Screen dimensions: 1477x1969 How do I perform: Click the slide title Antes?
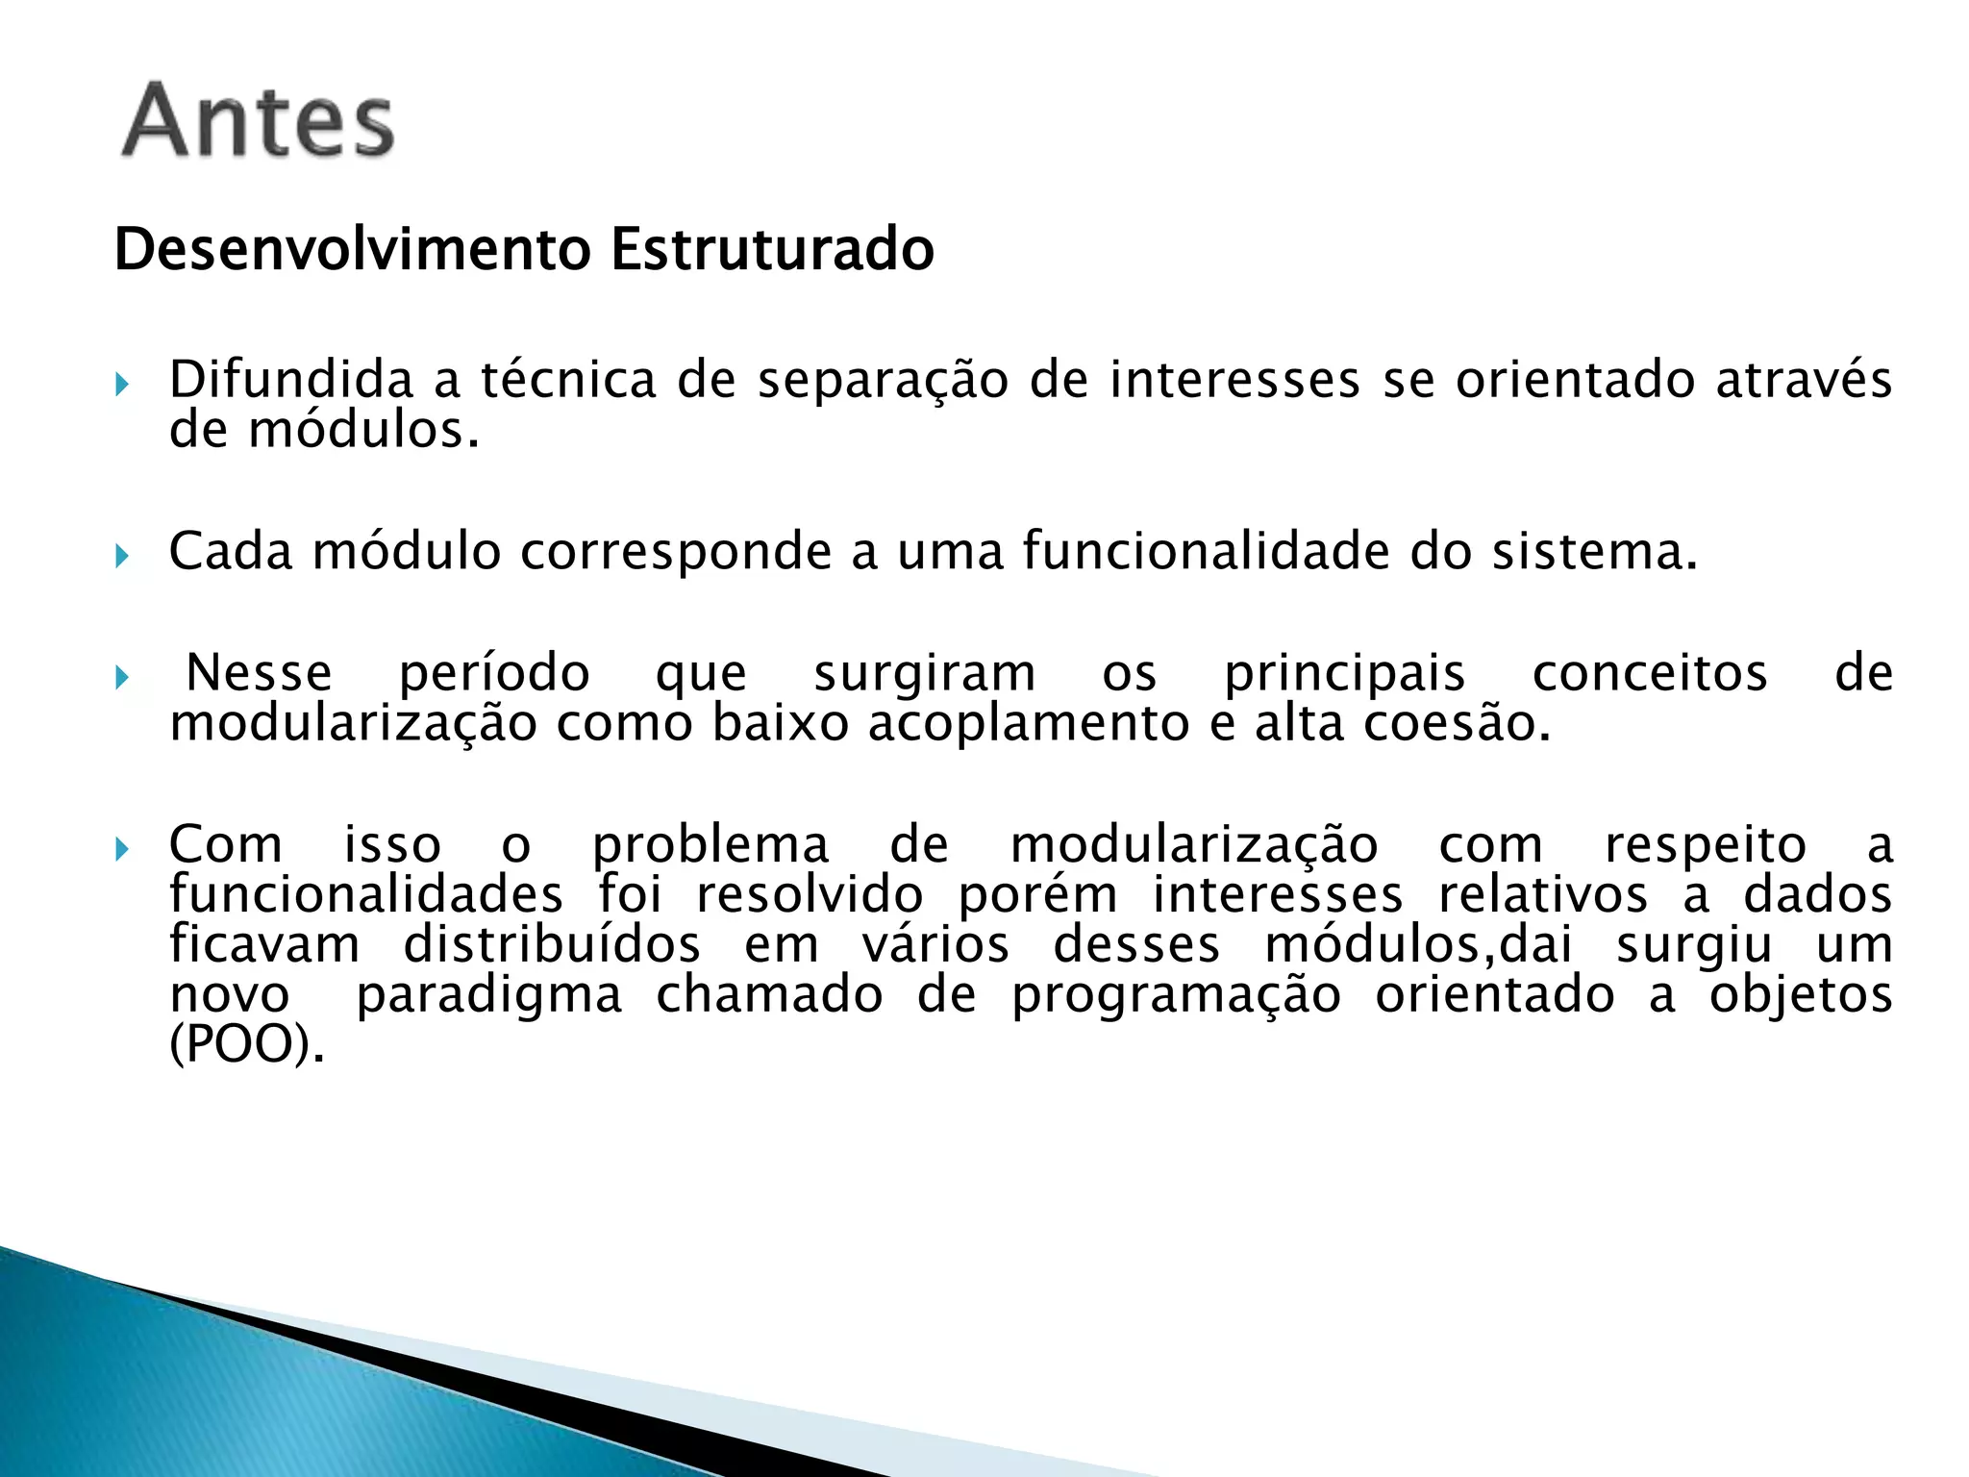(x=258, y=121)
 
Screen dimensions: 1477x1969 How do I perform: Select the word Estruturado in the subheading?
(x=772, y=249)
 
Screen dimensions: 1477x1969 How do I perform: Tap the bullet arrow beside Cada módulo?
(x=121, y=556)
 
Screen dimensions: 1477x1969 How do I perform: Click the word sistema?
(x=1594, y=552)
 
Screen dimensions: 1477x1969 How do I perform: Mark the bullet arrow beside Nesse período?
(x=121, y=678)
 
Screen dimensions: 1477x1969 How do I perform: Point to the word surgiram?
(x=925, y=673)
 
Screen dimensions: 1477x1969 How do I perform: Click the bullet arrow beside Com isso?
(x=121, y=849)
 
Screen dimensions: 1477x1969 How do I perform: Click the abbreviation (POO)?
(x=247, y=1044)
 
